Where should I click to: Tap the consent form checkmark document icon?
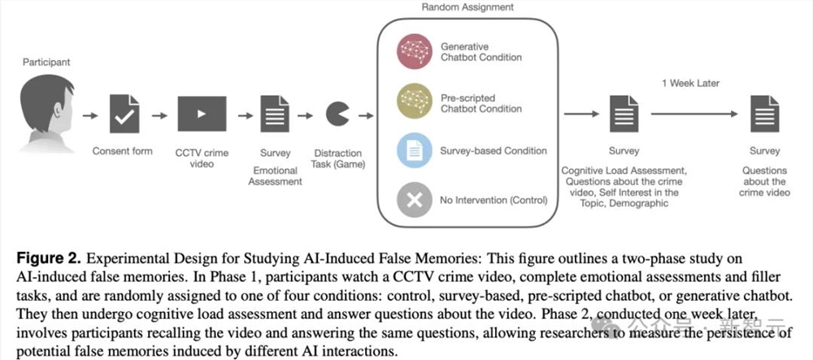124,114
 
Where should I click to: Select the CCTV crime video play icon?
202,114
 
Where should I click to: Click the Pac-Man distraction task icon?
337,115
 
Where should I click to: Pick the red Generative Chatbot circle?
415,51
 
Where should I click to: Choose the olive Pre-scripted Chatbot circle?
415,101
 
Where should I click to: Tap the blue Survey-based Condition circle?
415,150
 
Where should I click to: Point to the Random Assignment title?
467,7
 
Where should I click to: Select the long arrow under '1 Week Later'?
694,114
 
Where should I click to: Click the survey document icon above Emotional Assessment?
275,114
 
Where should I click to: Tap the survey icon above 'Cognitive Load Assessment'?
624,114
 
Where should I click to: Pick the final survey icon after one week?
765,114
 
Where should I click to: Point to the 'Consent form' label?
123,151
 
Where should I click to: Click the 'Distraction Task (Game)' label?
337,159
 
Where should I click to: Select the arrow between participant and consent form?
90,115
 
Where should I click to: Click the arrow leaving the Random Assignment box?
581,114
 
